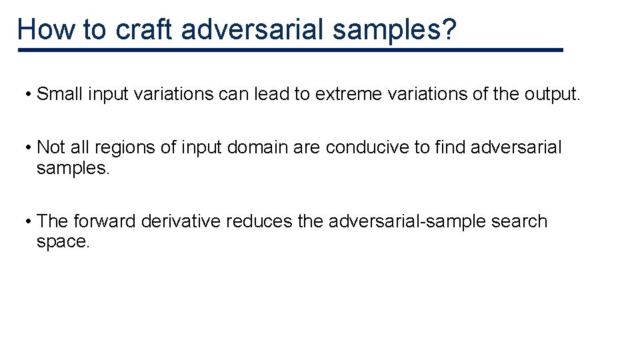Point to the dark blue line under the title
pyautogui.click(x=290, y=50)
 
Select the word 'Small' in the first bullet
pyautogui.click(x=59, y=94)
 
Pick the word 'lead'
pyautogui.click(x=272, y=94)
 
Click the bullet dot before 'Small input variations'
pyautogui.click(x=30, y=95)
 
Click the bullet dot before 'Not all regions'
pyautogui.click(x=30, y=148)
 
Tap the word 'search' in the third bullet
pyautogui.click(x=519, y=221)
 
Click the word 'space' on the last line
pyautogui.click(x=61, y=242)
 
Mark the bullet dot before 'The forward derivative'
pyautogui.click(x=30, y=222)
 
